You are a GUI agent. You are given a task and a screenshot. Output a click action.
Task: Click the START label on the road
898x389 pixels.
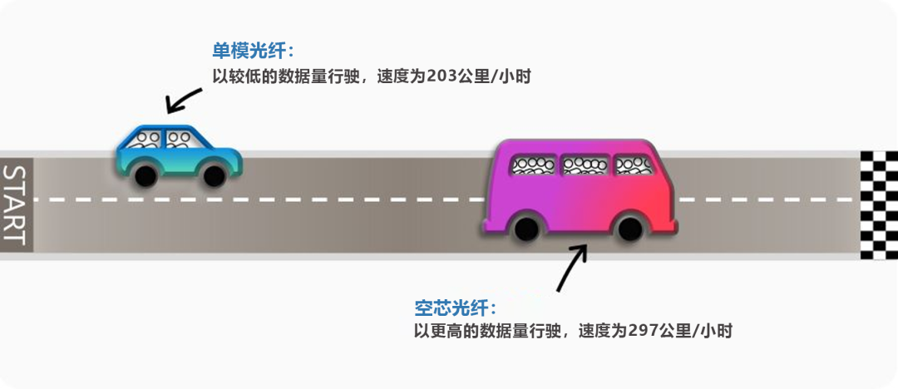[x=16, y=204]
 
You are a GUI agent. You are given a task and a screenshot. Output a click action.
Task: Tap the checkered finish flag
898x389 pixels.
[x=879, y=205]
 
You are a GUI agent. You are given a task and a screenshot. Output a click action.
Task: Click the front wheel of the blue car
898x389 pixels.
[x=215, y=175]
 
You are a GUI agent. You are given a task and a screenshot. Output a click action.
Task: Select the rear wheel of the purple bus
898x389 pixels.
[x=525, y=229]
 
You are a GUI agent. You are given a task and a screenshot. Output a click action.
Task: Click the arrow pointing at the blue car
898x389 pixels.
[x=183, y=98]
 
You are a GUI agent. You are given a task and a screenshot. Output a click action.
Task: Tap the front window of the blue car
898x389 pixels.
[x=179, y=139]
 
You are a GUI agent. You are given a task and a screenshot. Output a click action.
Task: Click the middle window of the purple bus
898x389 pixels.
[x=584, y=165]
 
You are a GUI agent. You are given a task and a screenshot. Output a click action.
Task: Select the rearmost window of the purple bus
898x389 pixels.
[x=533, y=165]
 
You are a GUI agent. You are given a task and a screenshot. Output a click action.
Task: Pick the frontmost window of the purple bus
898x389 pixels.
[x=634, y=165]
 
